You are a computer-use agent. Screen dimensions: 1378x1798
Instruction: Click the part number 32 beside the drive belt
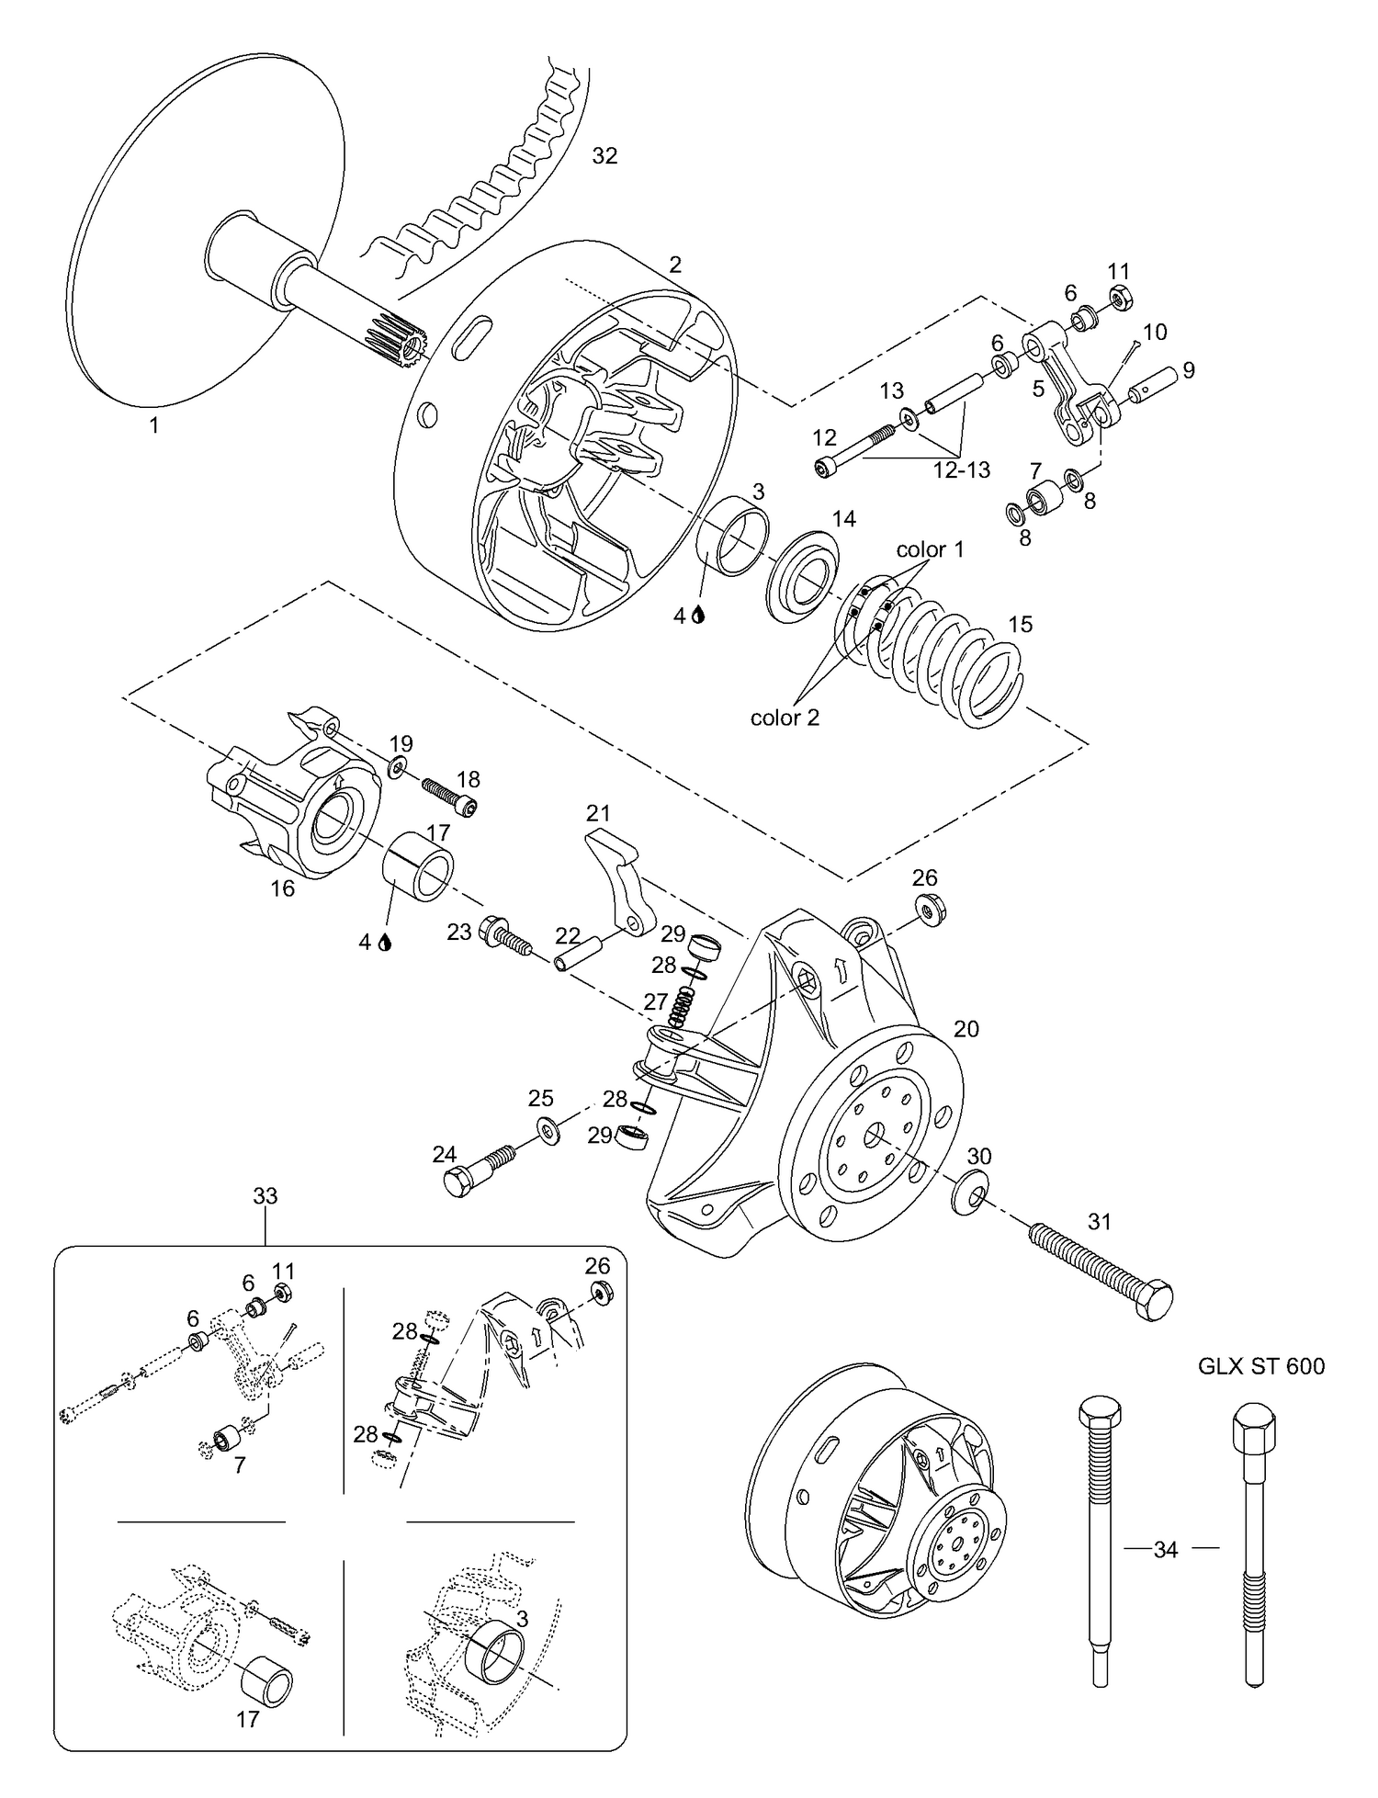[604, 156]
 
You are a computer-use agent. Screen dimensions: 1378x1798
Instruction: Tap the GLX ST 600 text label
[1261, 1366]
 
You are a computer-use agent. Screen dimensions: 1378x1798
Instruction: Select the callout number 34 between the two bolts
[1166, 1550]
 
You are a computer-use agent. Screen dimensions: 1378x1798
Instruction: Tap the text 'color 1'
[930, 549]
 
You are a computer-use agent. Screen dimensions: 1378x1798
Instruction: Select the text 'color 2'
[785, 718]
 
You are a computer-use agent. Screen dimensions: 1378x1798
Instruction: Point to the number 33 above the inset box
[265, 1196]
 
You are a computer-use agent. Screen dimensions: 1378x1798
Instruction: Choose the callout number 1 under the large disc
[154, 425]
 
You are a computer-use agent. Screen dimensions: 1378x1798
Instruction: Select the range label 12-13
[962, 469]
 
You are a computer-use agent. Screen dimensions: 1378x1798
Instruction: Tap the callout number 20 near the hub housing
[966, 1029]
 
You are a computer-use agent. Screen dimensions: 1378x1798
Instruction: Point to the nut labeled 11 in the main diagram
[1119, 300]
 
